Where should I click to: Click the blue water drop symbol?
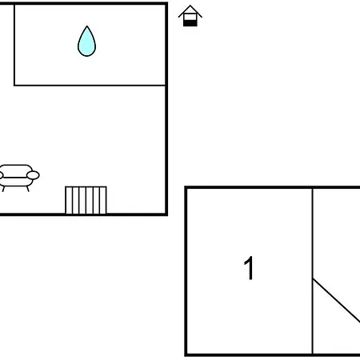(x=86, y=42)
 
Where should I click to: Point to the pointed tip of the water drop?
(x=86, y=26)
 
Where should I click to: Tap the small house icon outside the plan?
(x=190, y=16)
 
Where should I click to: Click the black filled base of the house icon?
(x=190, y=23)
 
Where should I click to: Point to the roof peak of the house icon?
(x=190, y=6)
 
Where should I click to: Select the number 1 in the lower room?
(x=249, y=268)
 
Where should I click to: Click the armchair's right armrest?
(x=33, y=175)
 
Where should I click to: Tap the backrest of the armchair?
(x=16, y=170)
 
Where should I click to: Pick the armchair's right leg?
(x=27, y=189)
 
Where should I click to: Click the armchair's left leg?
(x=3, y=189)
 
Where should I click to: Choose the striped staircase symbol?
(x=86, y=200)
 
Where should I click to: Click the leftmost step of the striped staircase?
(x=69, y=200)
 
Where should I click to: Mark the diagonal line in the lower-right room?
(x=336, y=301)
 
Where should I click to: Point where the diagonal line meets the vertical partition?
(x=313, y=279)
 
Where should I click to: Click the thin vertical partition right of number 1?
(x=313, y=271)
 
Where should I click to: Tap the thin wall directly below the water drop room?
(x=90, y=86)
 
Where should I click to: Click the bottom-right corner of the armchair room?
(x=166, y=214)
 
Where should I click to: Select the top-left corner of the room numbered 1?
(x=186, y=188)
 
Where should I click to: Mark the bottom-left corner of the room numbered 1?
(x=186, y=355)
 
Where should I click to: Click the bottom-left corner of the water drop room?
(x=14, y=86)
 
